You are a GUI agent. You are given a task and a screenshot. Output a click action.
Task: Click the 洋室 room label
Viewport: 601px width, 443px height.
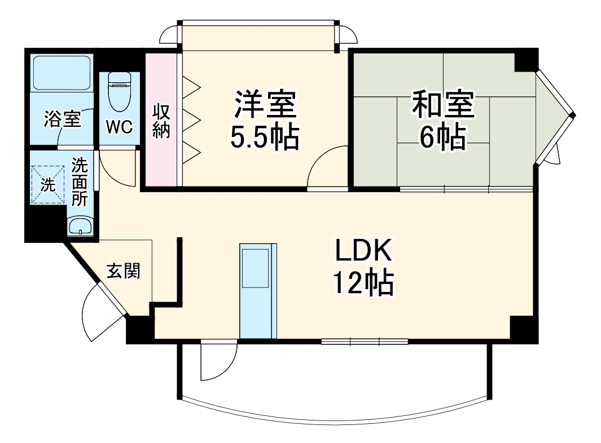265,105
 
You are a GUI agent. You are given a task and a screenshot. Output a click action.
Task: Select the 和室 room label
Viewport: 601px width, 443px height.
443,105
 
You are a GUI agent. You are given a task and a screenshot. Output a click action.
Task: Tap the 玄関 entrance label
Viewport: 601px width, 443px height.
124,272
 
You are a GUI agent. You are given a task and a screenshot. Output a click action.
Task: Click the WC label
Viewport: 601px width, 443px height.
120,127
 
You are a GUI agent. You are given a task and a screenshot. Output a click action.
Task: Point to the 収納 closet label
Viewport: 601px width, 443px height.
161,121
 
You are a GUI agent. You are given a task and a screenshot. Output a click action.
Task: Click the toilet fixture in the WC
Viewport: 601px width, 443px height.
119,91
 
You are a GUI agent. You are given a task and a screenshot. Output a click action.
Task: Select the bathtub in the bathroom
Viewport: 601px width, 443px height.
62,73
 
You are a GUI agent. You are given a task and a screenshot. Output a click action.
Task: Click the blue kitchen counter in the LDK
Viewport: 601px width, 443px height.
258,290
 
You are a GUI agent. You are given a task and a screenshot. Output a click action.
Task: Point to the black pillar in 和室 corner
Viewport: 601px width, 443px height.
525,60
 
